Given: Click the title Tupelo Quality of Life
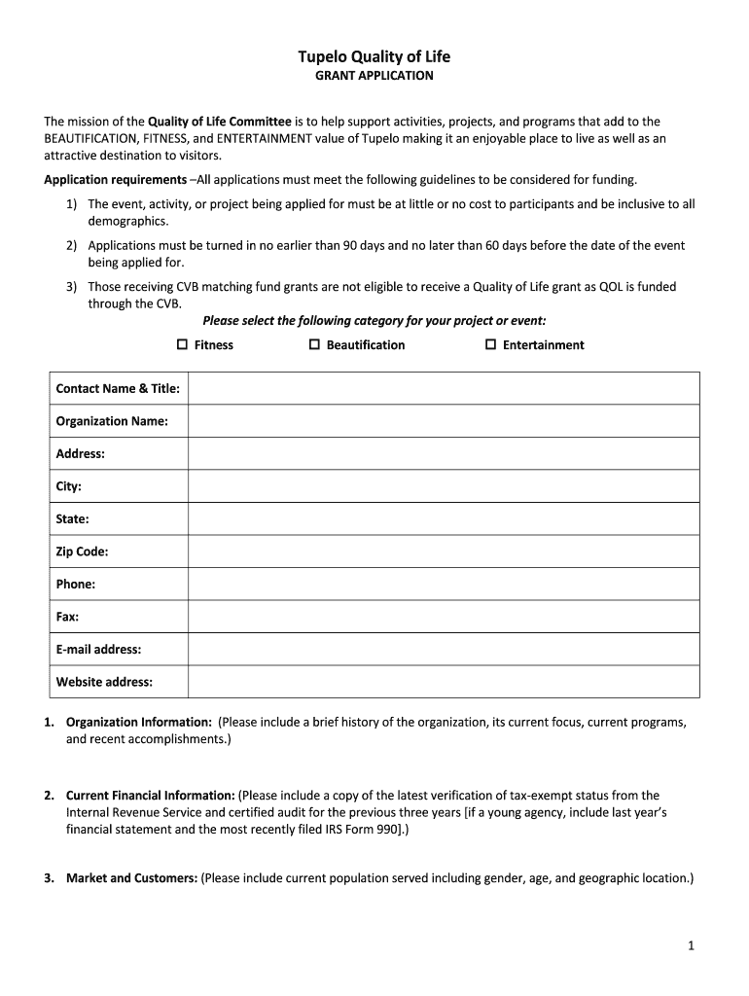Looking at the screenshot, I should [374, 56].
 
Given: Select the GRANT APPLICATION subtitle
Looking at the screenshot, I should [374, 76].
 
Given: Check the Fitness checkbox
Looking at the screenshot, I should [182, 344].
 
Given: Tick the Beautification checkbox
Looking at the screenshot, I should [314, 344].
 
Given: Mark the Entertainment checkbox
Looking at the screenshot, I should [490, 344].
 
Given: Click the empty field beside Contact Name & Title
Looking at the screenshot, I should [443, 388].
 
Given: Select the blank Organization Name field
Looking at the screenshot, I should [443, 421].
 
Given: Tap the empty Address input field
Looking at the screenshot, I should [443, 453].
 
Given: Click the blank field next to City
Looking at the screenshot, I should [443, 486].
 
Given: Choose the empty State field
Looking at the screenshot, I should [443, 518].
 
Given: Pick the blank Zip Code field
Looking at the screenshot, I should [443, 551].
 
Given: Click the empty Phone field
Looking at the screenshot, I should [443, 584].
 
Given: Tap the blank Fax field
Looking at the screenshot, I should [443, 617].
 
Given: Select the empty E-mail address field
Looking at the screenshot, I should [443, 649].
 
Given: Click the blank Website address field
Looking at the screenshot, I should [443, 682].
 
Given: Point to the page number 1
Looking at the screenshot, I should [690, 945].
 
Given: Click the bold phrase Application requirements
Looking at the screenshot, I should [115, 180].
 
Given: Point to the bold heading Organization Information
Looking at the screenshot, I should [138, 722].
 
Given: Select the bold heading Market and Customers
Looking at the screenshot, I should [131, 878].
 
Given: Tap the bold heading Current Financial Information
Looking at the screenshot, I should [150, 795].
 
